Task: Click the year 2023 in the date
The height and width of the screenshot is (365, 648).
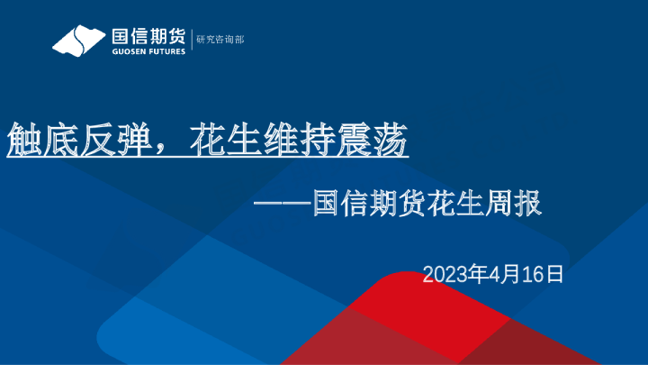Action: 443,274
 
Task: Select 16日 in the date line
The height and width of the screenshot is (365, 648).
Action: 544,274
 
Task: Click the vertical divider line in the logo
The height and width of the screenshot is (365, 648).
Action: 191,41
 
